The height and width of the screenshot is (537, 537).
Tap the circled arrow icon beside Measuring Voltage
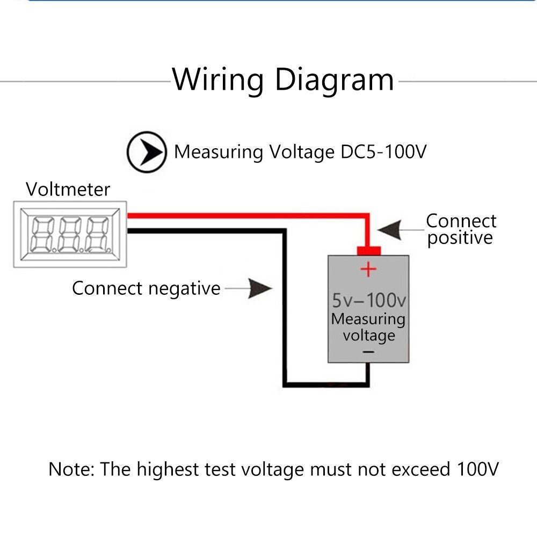pos(147,152)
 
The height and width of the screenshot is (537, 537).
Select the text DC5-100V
pos(383,151)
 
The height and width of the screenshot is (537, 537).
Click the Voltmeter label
pos(68,190)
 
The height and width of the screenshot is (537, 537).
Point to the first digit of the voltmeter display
pos(42,235)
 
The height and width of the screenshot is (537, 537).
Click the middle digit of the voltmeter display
pos(70,235)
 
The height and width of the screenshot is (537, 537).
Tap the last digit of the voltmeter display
pos(98,235)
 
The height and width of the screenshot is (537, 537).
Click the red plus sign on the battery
pos(368,269)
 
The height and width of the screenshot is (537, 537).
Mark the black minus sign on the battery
pos(368,352)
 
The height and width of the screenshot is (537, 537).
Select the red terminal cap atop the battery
pos(369,251)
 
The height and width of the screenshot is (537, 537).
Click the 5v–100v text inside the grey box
pos(369,300)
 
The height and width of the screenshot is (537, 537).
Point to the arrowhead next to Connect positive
pos(390,230)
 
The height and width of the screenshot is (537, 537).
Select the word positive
pos(460,238)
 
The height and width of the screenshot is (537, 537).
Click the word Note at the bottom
pos(71,469)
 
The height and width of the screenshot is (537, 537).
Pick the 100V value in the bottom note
pos(478,469)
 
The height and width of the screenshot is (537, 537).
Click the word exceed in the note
pos(421,469)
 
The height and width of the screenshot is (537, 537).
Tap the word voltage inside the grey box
pos(369,336)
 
